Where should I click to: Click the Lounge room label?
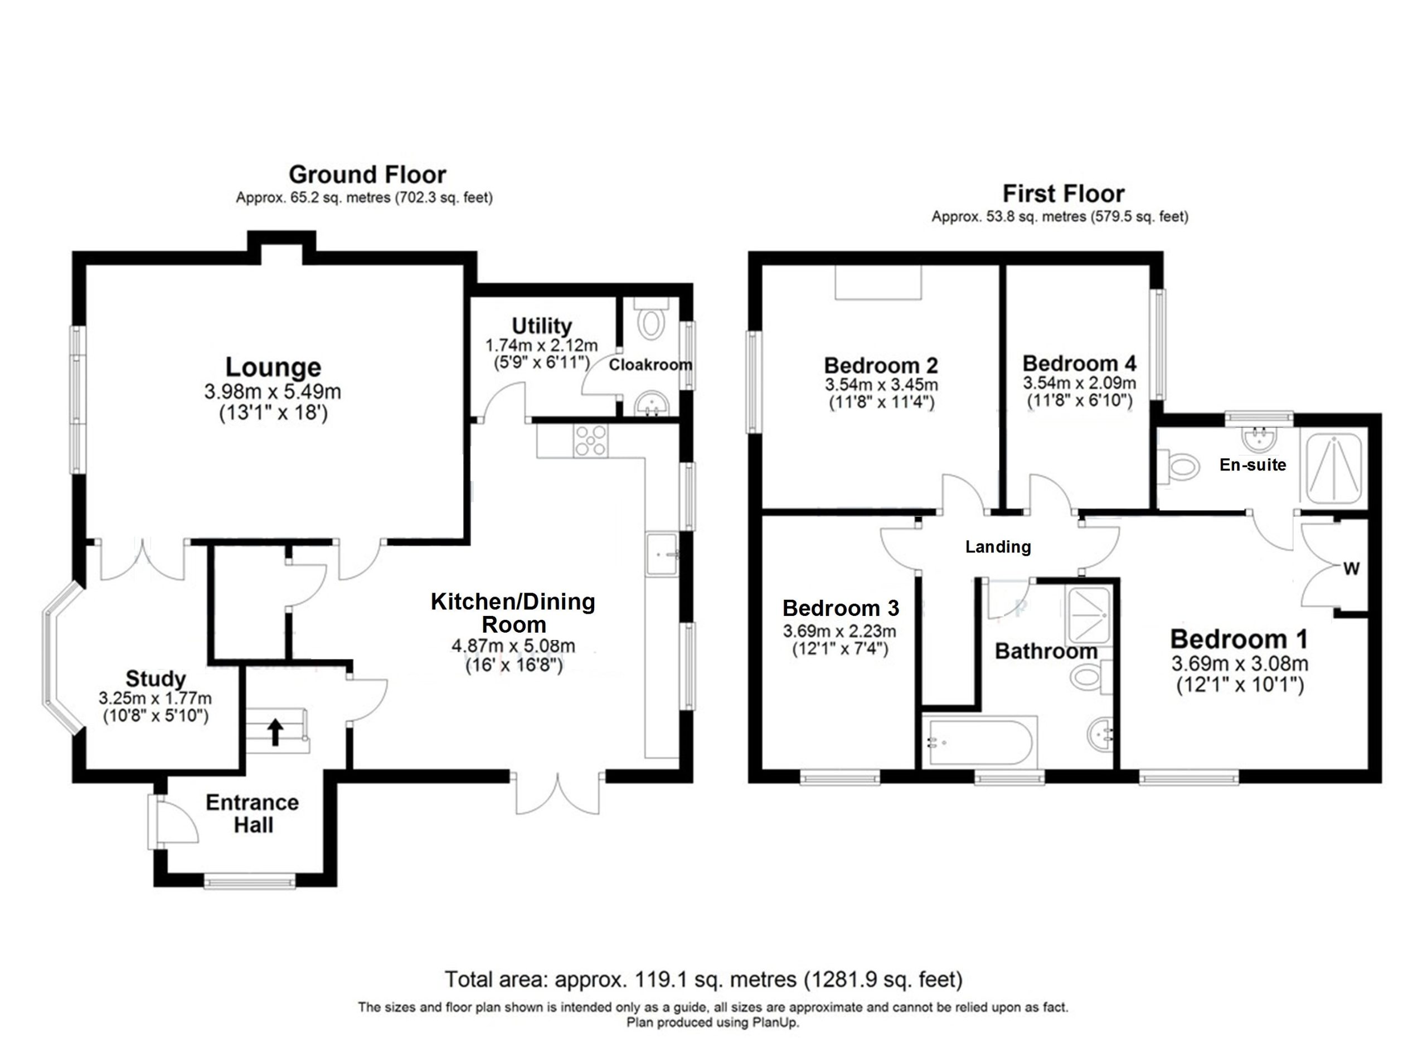click(x=273, y=367)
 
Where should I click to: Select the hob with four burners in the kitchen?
click(x=590, y=440)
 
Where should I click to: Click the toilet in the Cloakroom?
click(x=651, y=322)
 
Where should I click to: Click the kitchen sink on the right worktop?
click(x=661, y=554)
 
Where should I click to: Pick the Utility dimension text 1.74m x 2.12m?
click(x=541, y=346)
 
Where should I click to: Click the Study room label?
click(x=156, y=678)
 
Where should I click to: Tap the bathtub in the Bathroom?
click(x=978, y=743)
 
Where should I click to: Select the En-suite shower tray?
click(x=1334, y=469)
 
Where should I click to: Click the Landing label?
click(x=998, y=547)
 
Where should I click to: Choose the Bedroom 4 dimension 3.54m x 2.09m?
click(x=1079, y=383)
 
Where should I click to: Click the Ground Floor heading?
click(x=367, y=174)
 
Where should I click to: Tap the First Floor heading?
click(x=1064, y=193)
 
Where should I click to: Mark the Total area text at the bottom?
click(x=703, y=979)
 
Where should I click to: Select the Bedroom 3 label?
click(x=841, y=608)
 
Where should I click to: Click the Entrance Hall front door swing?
click(x=176, y=821)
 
